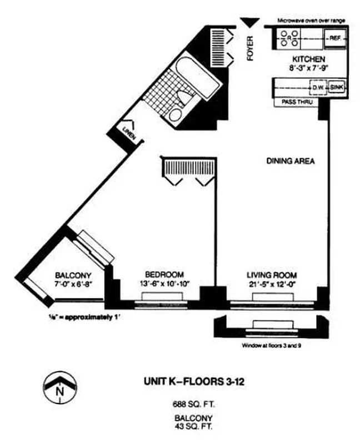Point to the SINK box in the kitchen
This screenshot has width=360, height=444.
336,88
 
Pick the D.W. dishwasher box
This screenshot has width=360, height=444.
317,88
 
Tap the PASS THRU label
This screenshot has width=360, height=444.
297,103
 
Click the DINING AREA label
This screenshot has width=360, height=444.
291,162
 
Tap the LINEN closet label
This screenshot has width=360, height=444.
128,132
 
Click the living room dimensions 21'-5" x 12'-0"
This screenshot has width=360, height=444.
272,284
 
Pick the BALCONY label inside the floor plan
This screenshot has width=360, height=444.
73,275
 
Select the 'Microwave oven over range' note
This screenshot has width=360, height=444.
311,21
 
